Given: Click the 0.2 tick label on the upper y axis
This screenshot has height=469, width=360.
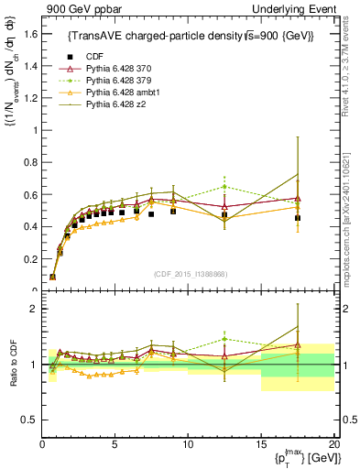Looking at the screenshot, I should pyautogui.click(x=31, y=259).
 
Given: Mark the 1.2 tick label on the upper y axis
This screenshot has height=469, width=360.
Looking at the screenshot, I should pyautogui.click(x=31, y=98).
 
